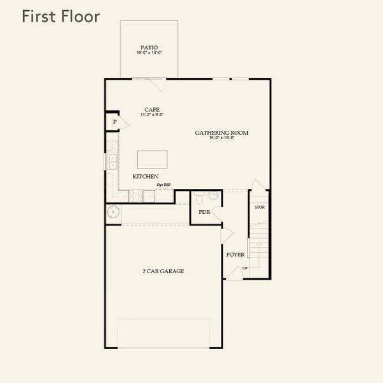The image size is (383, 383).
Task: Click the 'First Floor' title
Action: [61, 17]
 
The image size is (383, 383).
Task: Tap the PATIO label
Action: [149, 47]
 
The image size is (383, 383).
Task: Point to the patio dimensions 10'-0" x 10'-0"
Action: [149, 53]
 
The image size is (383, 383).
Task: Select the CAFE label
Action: [153, 109]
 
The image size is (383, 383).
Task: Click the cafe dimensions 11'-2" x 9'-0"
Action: [153, 115]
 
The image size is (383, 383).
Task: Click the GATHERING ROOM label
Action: [222, 133]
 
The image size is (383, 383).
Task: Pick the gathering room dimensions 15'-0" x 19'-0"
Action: [222, 138]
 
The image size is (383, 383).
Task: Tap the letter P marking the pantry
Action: [115, 122]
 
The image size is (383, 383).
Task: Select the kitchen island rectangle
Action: [153, 159]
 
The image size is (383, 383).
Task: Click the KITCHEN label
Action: [146, 176]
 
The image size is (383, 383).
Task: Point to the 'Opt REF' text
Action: [164, 185]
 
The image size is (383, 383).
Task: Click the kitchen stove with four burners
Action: [137, 197]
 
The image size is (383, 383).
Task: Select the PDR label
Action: [204, 212]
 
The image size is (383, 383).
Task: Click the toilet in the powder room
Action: [198, 197]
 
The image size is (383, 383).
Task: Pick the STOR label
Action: [260, 207]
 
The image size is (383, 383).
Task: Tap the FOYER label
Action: [235, 254]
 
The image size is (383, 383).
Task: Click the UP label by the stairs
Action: [244, 267]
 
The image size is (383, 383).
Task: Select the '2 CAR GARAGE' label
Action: [163, 271]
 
